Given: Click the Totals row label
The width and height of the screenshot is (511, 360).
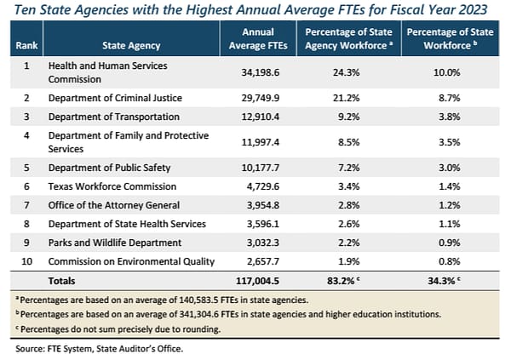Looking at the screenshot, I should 62,280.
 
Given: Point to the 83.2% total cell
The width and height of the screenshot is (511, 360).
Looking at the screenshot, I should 350,280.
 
